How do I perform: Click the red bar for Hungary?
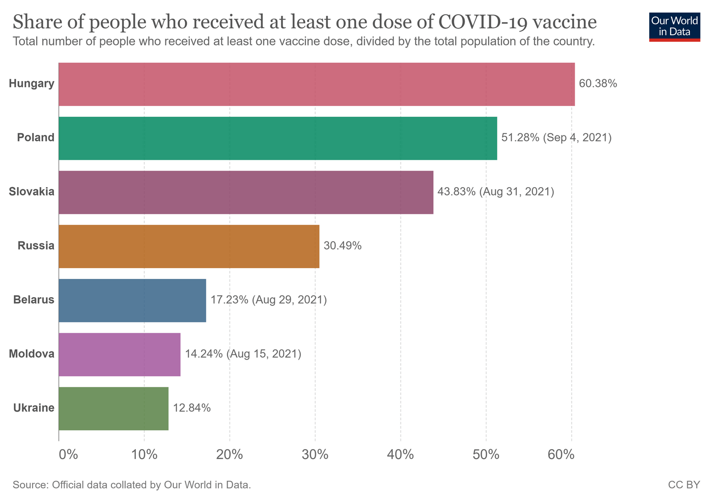(x=316, y=84)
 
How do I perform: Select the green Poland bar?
(x=278, y=138)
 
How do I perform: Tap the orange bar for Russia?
(x=189, y=246)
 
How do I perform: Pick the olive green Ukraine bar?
(x=114, y=409)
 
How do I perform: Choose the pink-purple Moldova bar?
(x=119, y=355)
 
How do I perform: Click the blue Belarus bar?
(x=132, y=300)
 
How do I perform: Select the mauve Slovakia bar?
(x=246, y=192)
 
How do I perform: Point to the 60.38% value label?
(x=598, y=83)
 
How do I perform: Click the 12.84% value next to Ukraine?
(x=192, y=408)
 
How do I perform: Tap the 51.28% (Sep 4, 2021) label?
(x=556, y=137)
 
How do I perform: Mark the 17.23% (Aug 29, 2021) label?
(x=268, y=300)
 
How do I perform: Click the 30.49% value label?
(x=342, y=245)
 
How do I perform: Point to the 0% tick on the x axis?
(x=68, y=455)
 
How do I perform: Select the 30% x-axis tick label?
(x=315, y=455)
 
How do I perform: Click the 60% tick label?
(x=561, y=455)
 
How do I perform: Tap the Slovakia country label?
(x=32, y=192)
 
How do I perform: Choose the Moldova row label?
(x=32, y=354)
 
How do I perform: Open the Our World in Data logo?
(x=674, y=26)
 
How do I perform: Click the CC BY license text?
(x=684, y=485)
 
